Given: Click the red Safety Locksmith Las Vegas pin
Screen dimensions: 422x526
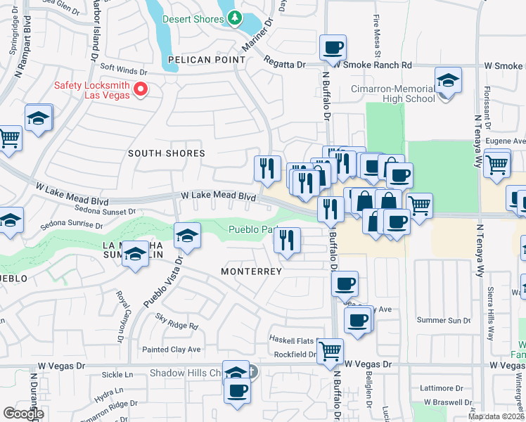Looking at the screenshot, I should pos(141,89).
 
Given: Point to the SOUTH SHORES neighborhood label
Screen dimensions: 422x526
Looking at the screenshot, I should pos(167,153).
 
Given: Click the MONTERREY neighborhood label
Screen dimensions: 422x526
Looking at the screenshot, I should pos(251,271).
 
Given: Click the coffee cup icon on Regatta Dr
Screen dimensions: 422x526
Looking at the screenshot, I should pos(333,48).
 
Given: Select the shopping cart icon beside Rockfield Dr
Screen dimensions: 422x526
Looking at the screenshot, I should pos(330,350).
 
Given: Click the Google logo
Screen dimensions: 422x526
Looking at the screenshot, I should pos(23,413).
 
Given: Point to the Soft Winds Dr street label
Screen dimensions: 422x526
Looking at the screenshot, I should pos(124,71).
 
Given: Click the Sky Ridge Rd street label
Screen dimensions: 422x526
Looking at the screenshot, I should pos(177,323).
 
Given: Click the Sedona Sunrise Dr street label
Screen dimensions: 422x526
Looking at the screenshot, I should pos(72,226).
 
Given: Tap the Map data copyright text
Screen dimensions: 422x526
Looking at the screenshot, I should pos(496,416).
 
